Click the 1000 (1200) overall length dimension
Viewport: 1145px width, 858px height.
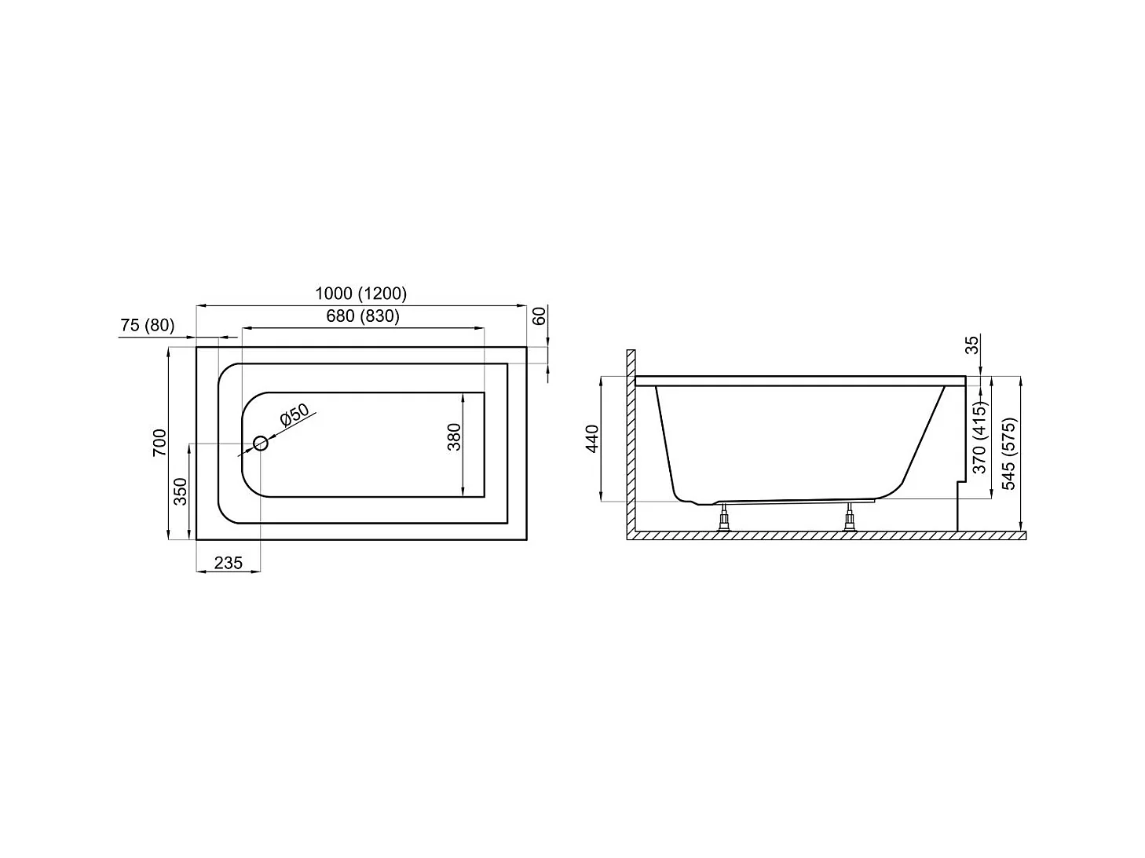pyautogui.click(x=360, y=294)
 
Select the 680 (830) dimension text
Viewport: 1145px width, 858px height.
pyautogui.click(x=362, y=316)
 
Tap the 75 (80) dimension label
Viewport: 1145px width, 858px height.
pyautogui.click(x=148, y=325)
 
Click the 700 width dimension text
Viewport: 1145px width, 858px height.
pyautogui.click(x=159, y=444)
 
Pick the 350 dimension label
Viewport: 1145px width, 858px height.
pyautogui.click(x=181, y=491)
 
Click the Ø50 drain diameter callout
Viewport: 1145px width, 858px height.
pyautogui.click(x=294, y=416)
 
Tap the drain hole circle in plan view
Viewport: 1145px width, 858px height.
pyautogui.click(x=261, y=444)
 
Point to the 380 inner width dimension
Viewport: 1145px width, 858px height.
pyautogui.click(x=454, y=437)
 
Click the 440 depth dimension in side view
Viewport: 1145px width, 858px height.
pyautogui.click(x=593, y=438)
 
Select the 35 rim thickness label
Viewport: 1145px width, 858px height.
pyautogui.click(x=972, y=345)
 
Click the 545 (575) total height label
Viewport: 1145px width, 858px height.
pyautogui.click(x=1009, y=453)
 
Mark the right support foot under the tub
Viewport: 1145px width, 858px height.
pyautogui.click(x=849, y=518)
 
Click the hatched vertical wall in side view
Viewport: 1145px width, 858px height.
pyautogui.click(x=630, y=440)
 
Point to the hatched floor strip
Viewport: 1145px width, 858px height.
pyautogui.click(x=825, y=535)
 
